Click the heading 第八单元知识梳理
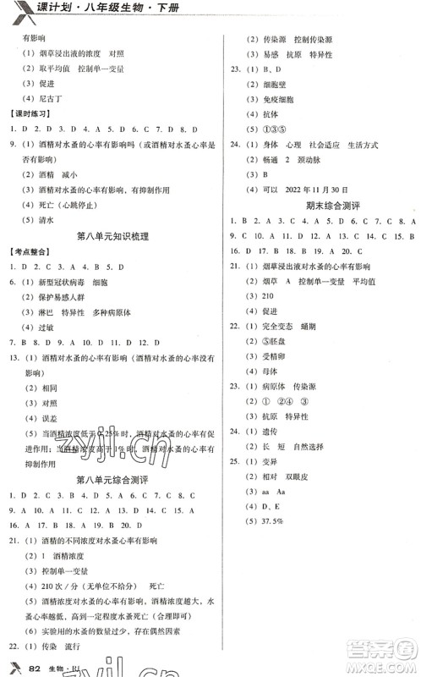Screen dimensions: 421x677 click(112, 236)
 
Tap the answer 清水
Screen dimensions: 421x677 click(46, 217)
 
